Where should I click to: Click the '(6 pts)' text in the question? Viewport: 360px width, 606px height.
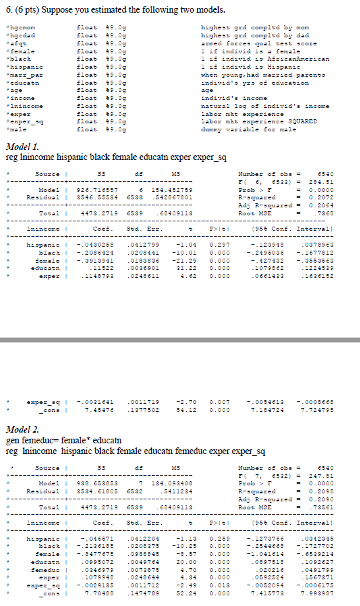click(x=28, y=10)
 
